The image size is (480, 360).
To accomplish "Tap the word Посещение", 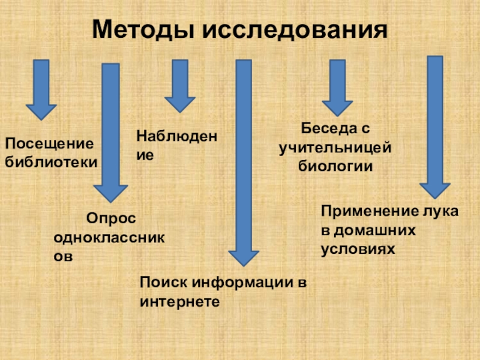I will tap(50, 145).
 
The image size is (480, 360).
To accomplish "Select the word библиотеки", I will tap(51, 161).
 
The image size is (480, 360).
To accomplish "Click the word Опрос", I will tap(111, 218).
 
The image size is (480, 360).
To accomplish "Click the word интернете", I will tap(179, 300).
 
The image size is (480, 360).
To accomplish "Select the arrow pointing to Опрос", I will tap(111, 132).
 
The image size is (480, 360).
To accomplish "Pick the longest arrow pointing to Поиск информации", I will tap(243, 162).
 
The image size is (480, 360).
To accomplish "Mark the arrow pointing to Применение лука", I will tap(435, 126).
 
